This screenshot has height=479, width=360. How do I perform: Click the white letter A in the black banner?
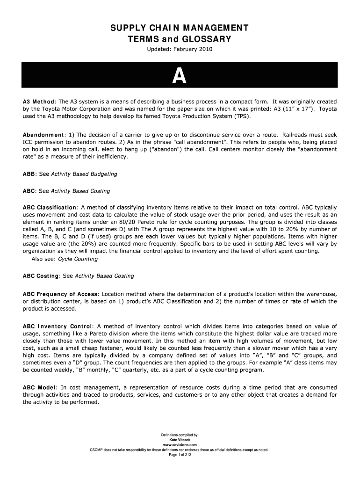coord(180,76)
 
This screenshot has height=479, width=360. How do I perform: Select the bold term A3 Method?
coord(39,102)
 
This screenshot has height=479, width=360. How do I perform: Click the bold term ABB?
coord(29,174)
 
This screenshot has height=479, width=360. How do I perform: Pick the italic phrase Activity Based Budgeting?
coord(84,174)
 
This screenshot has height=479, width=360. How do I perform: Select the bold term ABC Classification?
coord(50,207)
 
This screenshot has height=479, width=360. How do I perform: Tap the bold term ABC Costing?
coord(41,276)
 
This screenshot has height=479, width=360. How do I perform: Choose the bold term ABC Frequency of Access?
coord(60,294)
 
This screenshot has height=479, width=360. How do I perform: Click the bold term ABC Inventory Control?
coord(58,326)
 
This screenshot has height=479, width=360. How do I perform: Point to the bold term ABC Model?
coord(40,387)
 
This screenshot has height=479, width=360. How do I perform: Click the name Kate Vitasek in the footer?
coord(180,440)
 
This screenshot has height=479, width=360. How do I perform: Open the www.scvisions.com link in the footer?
coord(180,445)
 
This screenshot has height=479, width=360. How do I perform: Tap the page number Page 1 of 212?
coord(180,454)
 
